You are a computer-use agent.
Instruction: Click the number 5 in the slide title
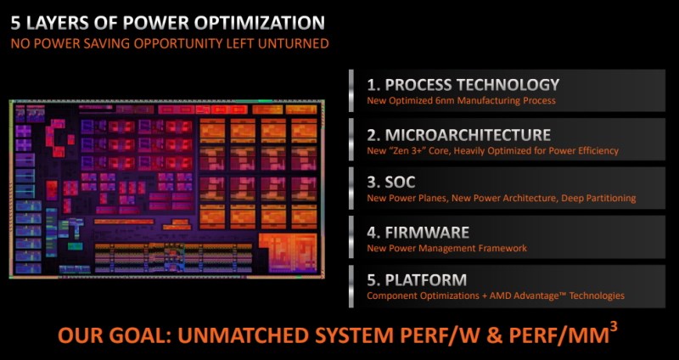pos(16,23)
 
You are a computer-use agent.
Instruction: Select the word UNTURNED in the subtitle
pos(297,43)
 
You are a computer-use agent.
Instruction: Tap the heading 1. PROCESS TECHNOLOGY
pos(463,85)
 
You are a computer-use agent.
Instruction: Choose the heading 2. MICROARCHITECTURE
pos(458,135)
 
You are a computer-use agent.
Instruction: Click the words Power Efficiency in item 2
pos(586,151)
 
